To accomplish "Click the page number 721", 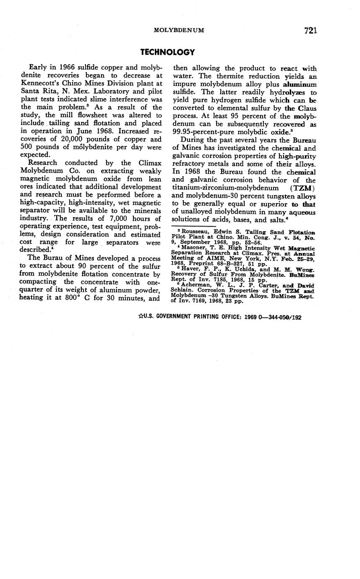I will point(310,30).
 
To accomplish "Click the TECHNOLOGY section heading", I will point(167,52).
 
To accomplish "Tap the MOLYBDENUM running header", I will point(179,30).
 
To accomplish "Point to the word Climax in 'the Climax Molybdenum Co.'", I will point(150,163).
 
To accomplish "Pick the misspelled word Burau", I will point(51,258).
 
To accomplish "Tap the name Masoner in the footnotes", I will point(195,248).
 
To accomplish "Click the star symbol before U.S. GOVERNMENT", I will point(141,317).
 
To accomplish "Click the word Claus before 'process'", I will point(307,108).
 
